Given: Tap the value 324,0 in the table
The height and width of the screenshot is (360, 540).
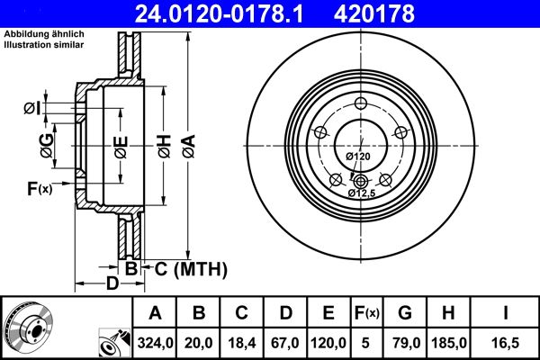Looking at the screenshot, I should point(154,340).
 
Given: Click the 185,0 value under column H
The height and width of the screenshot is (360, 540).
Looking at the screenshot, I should point(448,340).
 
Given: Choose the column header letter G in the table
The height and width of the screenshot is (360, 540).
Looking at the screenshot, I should point(405,314).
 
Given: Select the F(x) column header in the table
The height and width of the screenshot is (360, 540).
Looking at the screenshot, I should point(367,314).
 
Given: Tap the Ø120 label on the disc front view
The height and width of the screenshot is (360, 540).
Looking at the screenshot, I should point(358,157).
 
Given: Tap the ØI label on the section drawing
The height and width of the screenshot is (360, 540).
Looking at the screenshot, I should point(31,110).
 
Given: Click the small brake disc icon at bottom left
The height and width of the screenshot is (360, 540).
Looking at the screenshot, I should point(29,326).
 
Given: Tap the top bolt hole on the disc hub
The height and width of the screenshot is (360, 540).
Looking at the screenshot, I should point(360,101).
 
